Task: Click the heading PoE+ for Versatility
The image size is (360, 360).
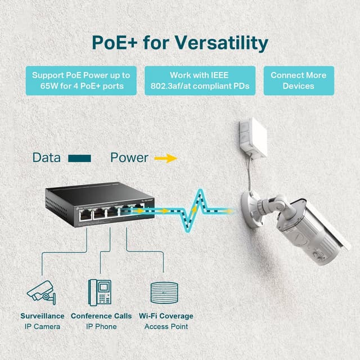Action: tap(180, 43)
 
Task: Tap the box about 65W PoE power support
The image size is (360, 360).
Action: tap(81, 80)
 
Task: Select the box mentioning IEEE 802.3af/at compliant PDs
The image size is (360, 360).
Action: tap(200, 80)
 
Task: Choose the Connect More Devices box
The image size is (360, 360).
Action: tap(298, 80)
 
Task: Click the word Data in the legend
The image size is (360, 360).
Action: tap(46, 157)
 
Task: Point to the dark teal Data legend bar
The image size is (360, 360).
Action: tap(79, 159)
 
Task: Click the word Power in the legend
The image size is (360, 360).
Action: tap(129, 157)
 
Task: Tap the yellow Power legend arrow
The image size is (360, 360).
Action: tap(165, 159)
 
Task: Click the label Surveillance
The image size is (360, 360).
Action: tap(42, 316)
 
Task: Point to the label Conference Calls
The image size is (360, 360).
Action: tap(101, 316)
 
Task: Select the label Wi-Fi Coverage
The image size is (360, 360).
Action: tap(166, 316)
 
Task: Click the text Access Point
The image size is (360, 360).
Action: tap(166, 326)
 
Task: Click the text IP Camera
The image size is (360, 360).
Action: tap(42, 326)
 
